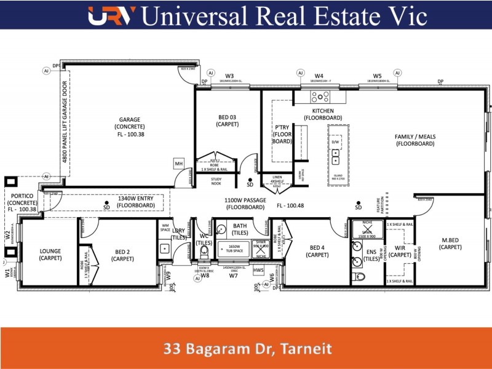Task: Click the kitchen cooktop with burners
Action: pos(320,97)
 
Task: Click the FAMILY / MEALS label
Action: pos(415,140)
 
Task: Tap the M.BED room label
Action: pos(451,243)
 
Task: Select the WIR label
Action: pos(400,251)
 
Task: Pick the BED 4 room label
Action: pos(317,251)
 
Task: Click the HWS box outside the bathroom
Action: pos(258,270)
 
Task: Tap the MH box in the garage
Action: pos(179,164)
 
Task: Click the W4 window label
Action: pos(319,76)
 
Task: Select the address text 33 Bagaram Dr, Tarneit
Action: pos(247,349)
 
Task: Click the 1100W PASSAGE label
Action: pos(245,204)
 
